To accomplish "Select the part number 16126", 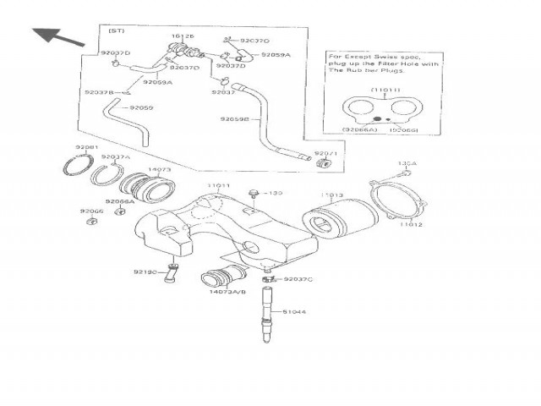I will pos(183,37).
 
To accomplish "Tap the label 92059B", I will pos(235,120).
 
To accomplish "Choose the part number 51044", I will pos(295,311).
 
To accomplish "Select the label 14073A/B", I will pos(227,292).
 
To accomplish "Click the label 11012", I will pos(410,225).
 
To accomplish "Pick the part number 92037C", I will pos(298,279).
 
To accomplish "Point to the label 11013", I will pos(332,195).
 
